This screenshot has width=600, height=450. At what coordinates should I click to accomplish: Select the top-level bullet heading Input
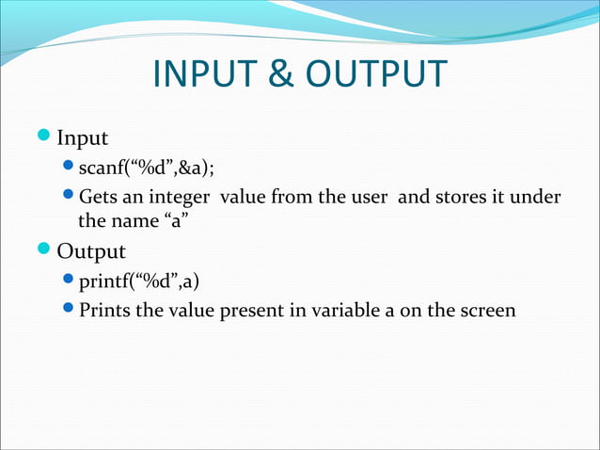click(83, 139)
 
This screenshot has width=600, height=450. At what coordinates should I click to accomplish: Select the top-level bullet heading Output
click(91, 251)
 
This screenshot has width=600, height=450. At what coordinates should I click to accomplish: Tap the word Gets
click(99, 197)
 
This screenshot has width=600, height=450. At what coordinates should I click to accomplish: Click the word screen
click(487, 309)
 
